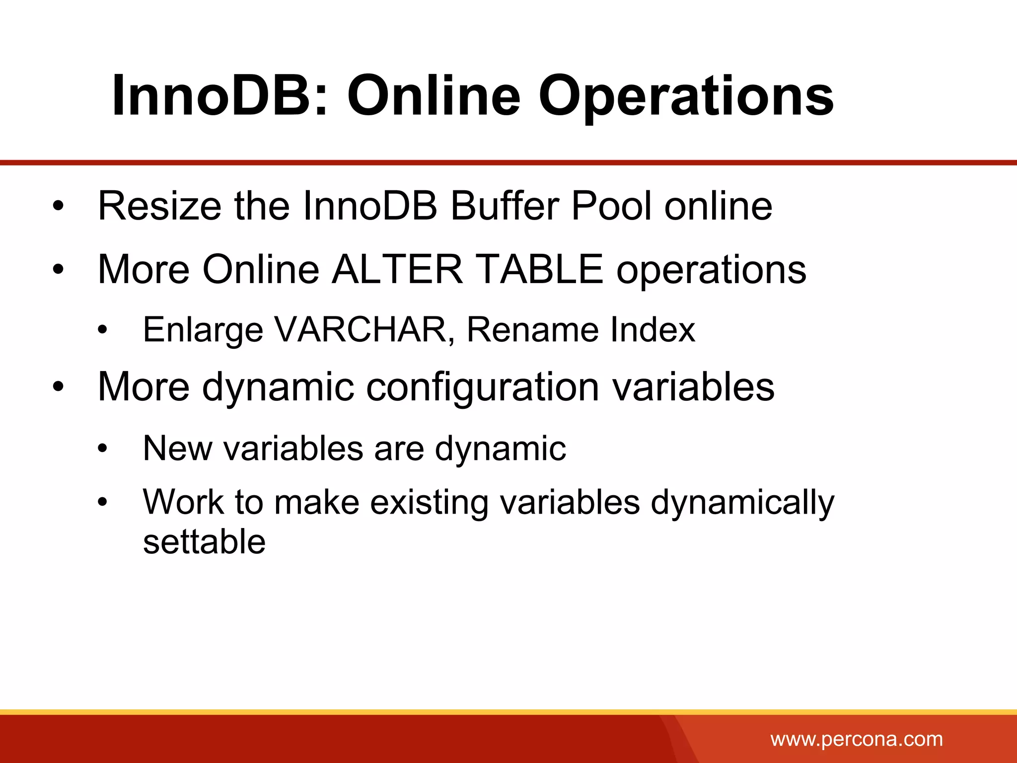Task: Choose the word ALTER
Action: tap(397, 269)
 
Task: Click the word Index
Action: tap(653, 329)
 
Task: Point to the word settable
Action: tap(204, 541)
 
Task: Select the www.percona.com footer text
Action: tap(857, 739)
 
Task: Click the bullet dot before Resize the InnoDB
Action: tap(59, 206)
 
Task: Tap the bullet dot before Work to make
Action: tap(102, 502)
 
